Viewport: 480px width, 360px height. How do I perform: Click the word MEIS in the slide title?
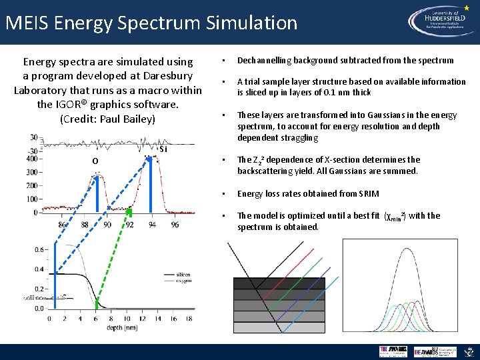pyautogui.click(x=27, y=23)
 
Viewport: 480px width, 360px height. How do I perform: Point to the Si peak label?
pyautogui.click(x=163, y=149)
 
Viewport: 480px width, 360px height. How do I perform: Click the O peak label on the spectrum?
pyautogui.click(x=96, y=161)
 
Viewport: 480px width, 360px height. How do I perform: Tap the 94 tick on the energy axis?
pyautogui.click(x=152, y=225)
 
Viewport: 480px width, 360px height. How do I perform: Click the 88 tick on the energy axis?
pyautogui.click(x=85, y=225)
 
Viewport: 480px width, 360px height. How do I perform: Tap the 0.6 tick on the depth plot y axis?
pyautogui.click(x=39, y=249)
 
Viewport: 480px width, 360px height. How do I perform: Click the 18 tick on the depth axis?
pyautogui.click(x=189, y=319)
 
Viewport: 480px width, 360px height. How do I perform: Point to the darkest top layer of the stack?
pyautogui.click(x=279, y=283)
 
